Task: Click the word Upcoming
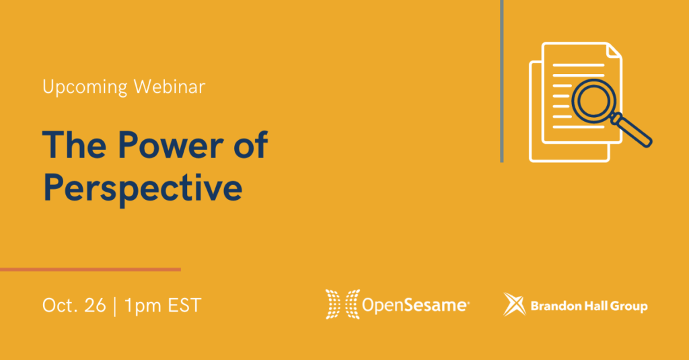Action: [x=85, y=87]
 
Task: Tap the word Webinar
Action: [x=170, y=86]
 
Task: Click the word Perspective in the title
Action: [x=143, y=188]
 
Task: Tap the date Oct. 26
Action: [x=74, y=305]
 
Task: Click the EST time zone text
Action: [x=184, y=305]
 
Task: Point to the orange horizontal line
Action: [x=90, y=269]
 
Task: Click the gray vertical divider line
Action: [x=502, y=81]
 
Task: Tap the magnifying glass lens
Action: [x=594, y=101]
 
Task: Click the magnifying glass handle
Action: [x=631, y=130]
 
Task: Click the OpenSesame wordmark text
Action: [x=415, y=305]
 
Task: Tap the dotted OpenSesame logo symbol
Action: [x=342, y=304]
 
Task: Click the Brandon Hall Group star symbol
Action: [x=514, y=304]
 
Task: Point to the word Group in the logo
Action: [x=629, y=306]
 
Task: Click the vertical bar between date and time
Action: [x=115, y=306]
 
